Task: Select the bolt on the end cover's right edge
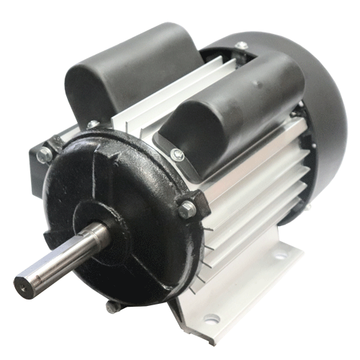(187, 210)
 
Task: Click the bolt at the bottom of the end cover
(112, 306)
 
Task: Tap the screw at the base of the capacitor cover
(177, 154)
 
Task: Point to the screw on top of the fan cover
(242, 45)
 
